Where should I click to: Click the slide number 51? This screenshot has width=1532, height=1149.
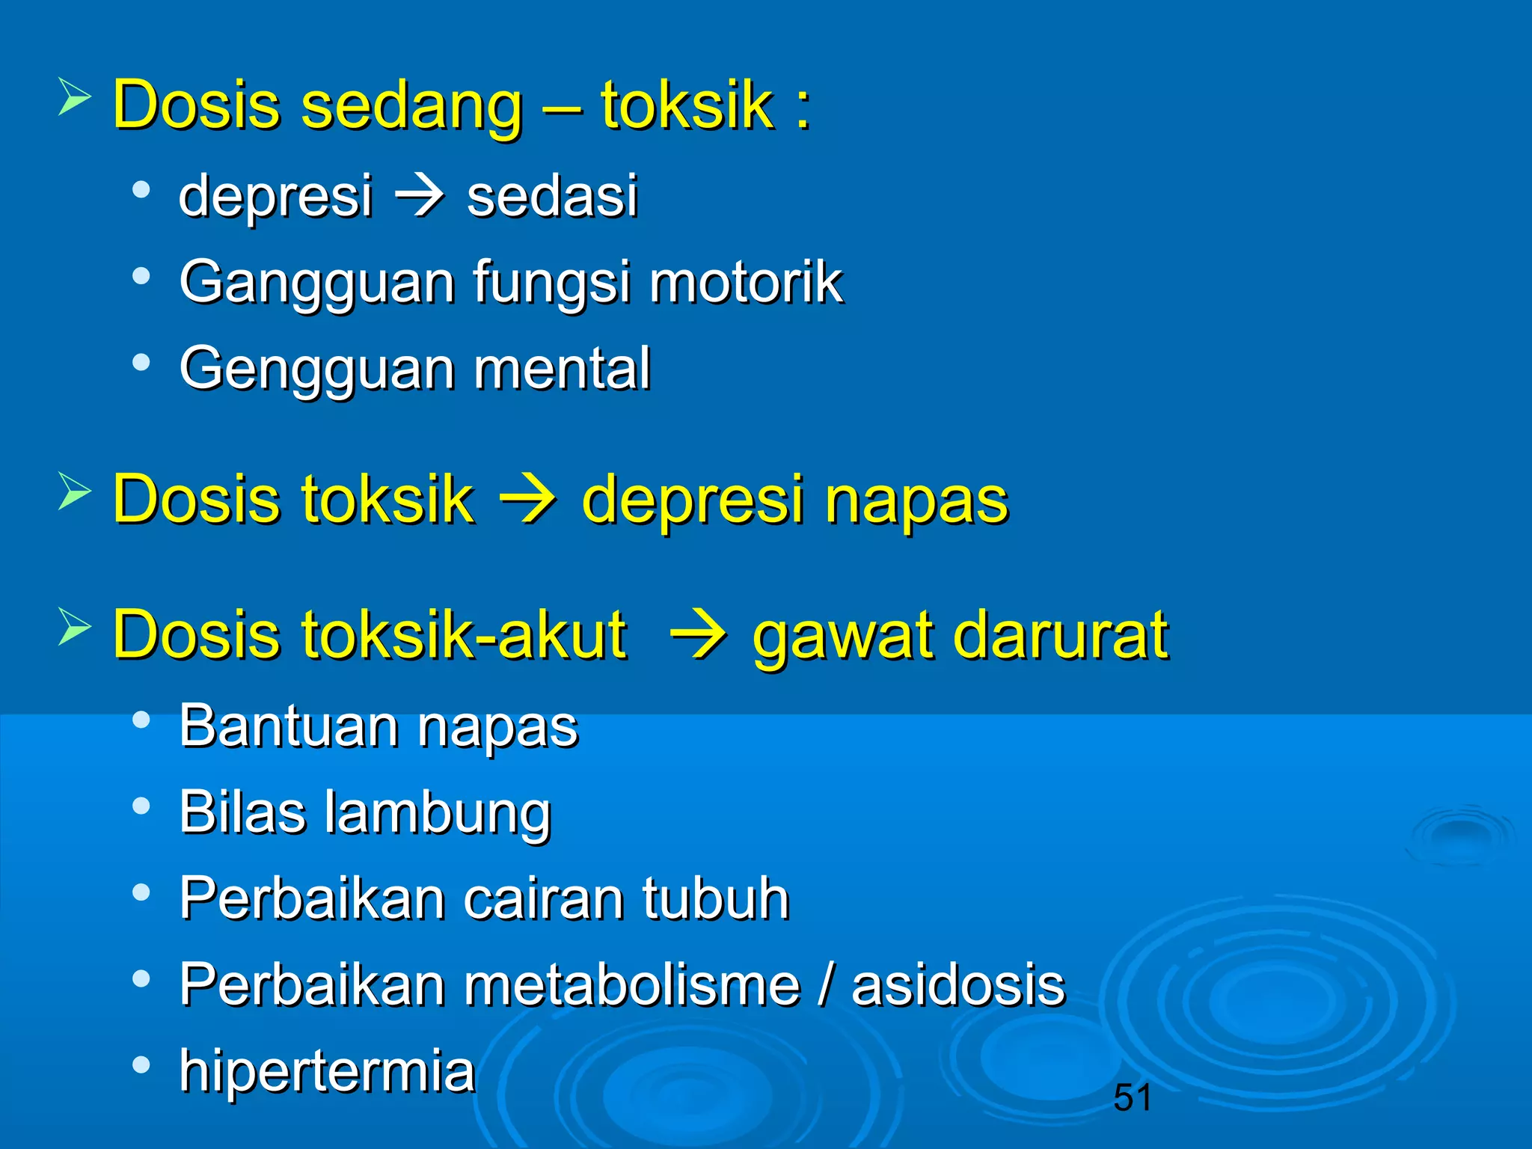point(1132,1097)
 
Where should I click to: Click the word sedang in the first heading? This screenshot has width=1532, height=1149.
point(411,106)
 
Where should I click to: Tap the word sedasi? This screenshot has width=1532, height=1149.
point(552,196)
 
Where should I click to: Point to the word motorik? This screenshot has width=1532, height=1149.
point(746,282)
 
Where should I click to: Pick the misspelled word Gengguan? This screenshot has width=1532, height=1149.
point(313,370)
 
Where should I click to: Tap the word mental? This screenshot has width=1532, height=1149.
point(562,368)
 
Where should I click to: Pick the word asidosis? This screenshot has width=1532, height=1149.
point(957,984)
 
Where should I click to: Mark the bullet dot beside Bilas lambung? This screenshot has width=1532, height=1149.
point(141,806)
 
